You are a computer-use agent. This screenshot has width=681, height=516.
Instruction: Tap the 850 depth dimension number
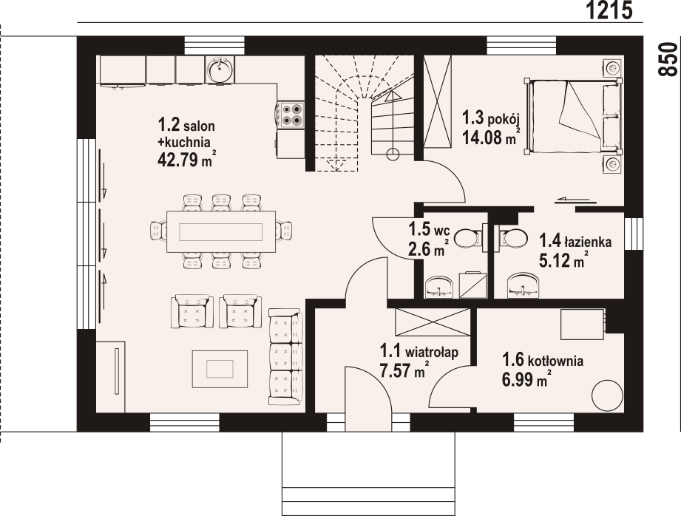(x=668, y=59)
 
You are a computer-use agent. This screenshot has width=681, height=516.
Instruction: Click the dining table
(x=221, y=231)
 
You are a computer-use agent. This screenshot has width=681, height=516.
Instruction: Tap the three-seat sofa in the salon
(x=285, y=356)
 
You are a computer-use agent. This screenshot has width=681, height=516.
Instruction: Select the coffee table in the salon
(x=220, y=369)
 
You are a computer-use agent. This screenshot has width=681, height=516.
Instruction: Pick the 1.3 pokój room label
(x=491, y=118)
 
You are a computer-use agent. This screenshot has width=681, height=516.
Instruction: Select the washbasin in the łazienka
(x=524, y=285)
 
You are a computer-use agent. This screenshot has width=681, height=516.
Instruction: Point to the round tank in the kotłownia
(x=607, y=396)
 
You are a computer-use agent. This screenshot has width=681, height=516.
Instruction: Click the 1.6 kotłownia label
(x=543, y=361)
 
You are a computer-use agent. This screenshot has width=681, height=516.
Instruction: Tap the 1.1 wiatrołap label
(x=419, y=351)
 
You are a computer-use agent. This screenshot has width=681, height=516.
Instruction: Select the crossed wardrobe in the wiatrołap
(x=433, y=322)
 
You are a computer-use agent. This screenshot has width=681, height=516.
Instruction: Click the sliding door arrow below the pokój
(x=572, y=200)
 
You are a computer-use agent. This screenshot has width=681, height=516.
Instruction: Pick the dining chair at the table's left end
(x=158, y=231)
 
